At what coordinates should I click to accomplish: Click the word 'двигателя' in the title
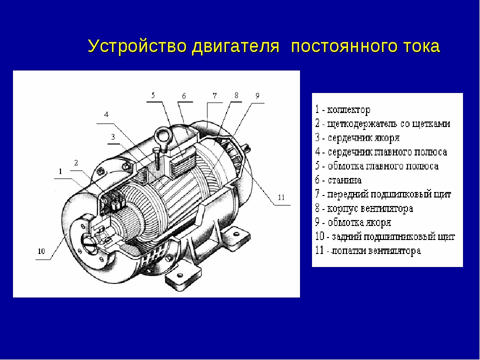pos(235,46)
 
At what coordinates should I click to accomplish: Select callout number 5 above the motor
pos(153,95)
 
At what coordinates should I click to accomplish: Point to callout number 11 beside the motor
pos(281,197)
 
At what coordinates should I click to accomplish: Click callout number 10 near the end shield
pos(41,251)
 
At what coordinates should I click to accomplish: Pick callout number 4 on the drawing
pos(106,114)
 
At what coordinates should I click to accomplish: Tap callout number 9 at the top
pos(257,95)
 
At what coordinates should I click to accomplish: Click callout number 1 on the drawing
pos(60,171)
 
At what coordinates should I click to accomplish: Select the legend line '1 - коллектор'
pos(342,109)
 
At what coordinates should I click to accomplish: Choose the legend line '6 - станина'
pos(338,180)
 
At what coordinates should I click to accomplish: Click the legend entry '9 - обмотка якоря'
pos(353,222)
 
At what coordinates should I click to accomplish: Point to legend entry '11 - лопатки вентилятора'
pos(368,250)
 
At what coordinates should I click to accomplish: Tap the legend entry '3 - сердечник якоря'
pos(357,138)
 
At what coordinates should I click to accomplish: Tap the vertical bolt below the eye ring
pos(157,159)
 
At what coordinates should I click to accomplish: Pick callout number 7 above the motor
pos(214,95)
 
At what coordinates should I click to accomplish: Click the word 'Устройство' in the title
pos(137,46)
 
